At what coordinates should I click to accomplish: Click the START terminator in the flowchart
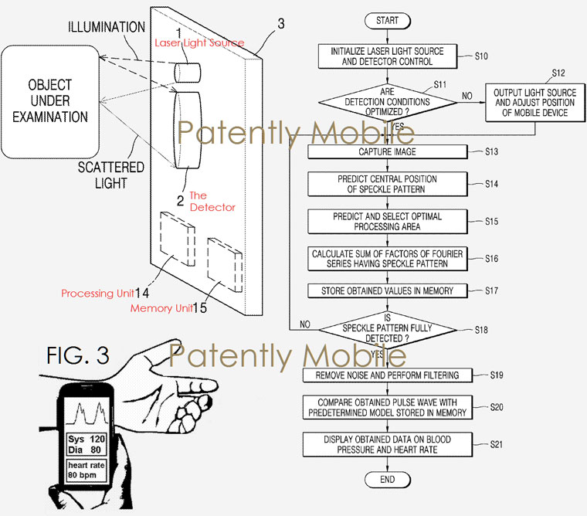pyautogui.click(x=388, y=21)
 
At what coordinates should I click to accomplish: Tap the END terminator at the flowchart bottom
pyautogui.click(x=388, y=480)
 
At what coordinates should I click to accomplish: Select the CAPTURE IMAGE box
pyautogui.click(x=388, y=151)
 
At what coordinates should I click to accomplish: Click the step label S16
pyautogui.click(x=491, y=258)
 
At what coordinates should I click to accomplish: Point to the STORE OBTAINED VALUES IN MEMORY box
pyautogui.click(x=388, y=291)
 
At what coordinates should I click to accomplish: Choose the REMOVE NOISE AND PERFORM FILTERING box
pyautogui.click(x=388, y=375)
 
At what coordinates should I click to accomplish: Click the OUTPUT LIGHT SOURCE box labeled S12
pyautogui.click(x=535, y=103)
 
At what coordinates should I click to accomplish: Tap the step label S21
pyautogui.click(x=497, y=444)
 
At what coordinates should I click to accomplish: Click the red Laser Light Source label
pyautogui.click(x=199, y=43)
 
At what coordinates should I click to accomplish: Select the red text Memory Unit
pyautogui.click(x=161, y=308)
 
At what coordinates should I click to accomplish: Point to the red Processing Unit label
pyautogui.click(x=97, y=294)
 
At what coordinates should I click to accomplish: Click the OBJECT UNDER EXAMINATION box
pyautogui.click(x=50, y=101)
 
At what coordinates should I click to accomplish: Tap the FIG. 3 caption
pyautogui.click(x=78, y=355)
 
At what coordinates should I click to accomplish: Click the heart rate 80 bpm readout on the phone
pyautogui.click(x=86, y=470)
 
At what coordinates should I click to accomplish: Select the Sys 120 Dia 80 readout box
pyautogui.click(x=87, y=444)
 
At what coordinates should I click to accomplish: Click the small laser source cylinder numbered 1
pyautogui.click(x=187, y=72)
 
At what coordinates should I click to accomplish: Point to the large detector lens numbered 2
pyautogui.click(x=187, y=130)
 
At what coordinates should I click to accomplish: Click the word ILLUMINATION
pyautogui.click(x=107, y=27)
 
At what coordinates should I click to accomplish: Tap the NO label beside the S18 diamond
pyautogui.click(x=305, y=324)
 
